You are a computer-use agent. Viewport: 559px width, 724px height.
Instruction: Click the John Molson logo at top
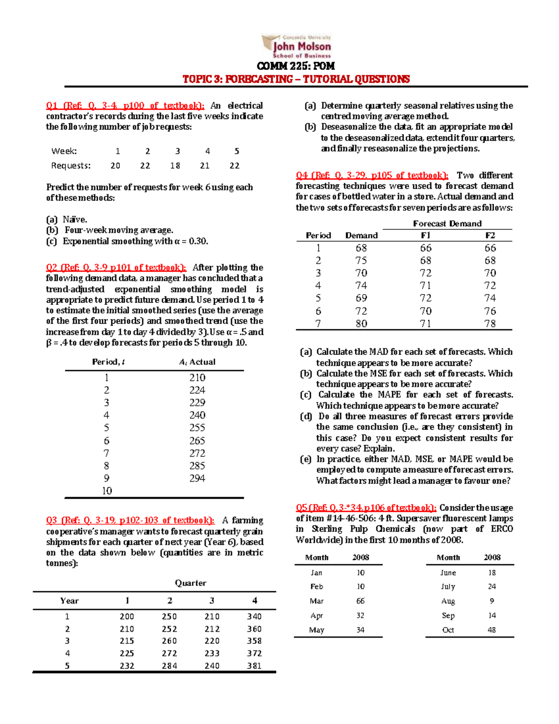click(x=297, y=46)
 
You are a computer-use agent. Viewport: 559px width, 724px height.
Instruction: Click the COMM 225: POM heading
click(x=296, y=66)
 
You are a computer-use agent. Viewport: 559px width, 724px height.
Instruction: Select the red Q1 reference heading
click(x=125, y=106)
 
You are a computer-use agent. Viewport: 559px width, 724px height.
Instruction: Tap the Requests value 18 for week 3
click(x=175, y=165)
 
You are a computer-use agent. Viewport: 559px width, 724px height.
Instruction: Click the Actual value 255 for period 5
click(x=197, y=428)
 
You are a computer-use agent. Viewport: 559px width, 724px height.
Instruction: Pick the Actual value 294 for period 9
click(x=197, y=478)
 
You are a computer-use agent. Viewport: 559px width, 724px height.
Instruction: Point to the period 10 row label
click(x=107, y=490)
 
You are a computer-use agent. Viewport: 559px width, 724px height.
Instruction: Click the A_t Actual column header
click(x=197, y=362)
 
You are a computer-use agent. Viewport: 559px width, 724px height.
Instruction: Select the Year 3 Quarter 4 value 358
click(x=254, y=641)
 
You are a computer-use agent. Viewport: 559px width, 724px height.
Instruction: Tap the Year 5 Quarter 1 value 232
click(x=127, y=666)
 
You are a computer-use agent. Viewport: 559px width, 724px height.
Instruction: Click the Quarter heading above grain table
click(x=191, y=583)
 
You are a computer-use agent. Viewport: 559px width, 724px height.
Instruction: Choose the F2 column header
click(x=490, y=235)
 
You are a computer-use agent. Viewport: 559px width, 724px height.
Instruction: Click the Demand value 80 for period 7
click(x=361, y=324)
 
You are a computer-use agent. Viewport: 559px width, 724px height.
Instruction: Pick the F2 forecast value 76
click(x=490, y=311)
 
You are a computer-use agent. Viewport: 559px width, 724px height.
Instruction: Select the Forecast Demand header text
click(x=447, y=223)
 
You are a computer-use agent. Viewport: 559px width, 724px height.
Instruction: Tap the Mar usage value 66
click(x=361, y=601)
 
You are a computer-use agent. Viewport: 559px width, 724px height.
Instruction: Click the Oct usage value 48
click(x=492, y=630)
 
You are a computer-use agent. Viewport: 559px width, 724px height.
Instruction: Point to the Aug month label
click(x=448, y=601)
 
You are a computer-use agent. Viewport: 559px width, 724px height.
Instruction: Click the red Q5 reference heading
click(x=366, y=508)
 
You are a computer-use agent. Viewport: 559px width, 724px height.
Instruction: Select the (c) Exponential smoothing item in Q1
click(x=127, y=241)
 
